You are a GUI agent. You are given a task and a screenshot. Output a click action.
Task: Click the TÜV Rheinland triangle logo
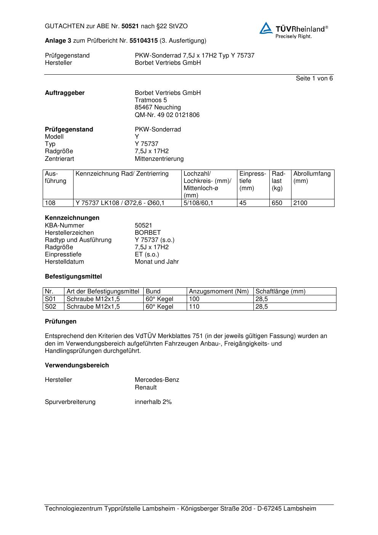tap(266, 28)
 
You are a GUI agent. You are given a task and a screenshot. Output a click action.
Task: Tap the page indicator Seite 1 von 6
tap(314, 78)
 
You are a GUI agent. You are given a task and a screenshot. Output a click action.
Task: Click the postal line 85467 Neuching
tap(158, 107)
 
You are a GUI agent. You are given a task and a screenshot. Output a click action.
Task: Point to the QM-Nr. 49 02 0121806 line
tap(167, 115)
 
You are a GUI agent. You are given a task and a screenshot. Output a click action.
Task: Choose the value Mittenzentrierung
tap(159, 159)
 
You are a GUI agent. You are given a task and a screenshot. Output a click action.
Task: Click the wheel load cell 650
tap(277, 203)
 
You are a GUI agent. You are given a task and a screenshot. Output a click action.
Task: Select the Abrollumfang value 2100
tap(300, 203)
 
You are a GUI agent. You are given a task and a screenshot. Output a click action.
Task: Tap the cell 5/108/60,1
tap(198, 203)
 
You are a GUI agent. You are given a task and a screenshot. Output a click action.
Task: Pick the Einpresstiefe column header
tap(253, 181)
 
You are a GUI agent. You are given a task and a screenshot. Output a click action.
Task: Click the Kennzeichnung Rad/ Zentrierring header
tap(122, 174)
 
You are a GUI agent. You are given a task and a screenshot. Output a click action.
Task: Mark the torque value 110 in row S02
tap(194, 307)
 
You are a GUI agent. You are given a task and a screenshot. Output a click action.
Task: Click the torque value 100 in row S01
tap(194, 299)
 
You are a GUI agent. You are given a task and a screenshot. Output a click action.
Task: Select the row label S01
tap(50, 299)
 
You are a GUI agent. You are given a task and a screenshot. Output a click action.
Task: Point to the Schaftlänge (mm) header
tap(280, 292)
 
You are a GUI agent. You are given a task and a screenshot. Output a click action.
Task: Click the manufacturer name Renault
tap(146, 388)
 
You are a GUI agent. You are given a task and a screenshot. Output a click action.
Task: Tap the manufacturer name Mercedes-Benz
tap(157, 380)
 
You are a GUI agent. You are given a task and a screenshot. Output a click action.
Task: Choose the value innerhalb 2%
tap(153, 402)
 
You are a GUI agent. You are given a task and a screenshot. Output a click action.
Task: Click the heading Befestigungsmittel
tap(73, 277)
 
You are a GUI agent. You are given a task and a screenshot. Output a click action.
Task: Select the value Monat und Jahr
tap(157, 262)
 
